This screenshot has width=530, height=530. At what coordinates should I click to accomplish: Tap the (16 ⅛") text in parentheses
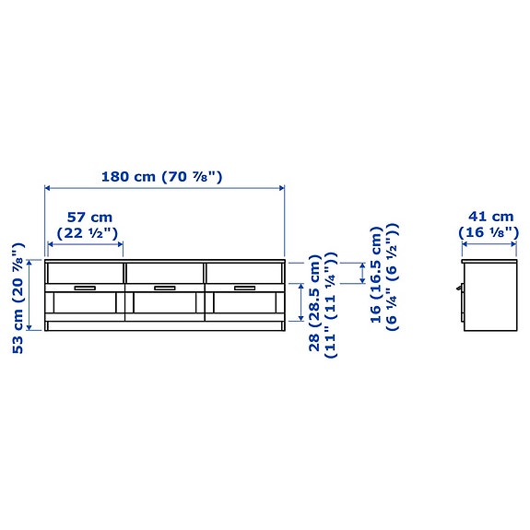pyautogui.click(x=489, y=233)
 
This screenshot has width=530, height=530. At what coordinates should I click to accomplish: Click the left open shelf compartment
pyautogui.click(x=85, y=306)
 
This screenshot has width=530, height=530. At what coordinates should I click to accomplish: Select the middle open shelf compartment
pyautogui.click(x=164, y=306)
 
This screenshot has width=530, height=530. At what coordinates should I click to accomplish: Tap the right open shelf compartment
pyautogui.click(x=244, y=306)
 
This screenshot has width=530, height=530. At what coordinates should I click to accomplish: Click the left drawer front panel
pyautogui.click(x=85, y=273)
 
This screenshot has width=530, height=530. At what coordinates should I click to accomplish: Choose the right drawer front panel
pyautogui.click(x=244, y=273)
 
